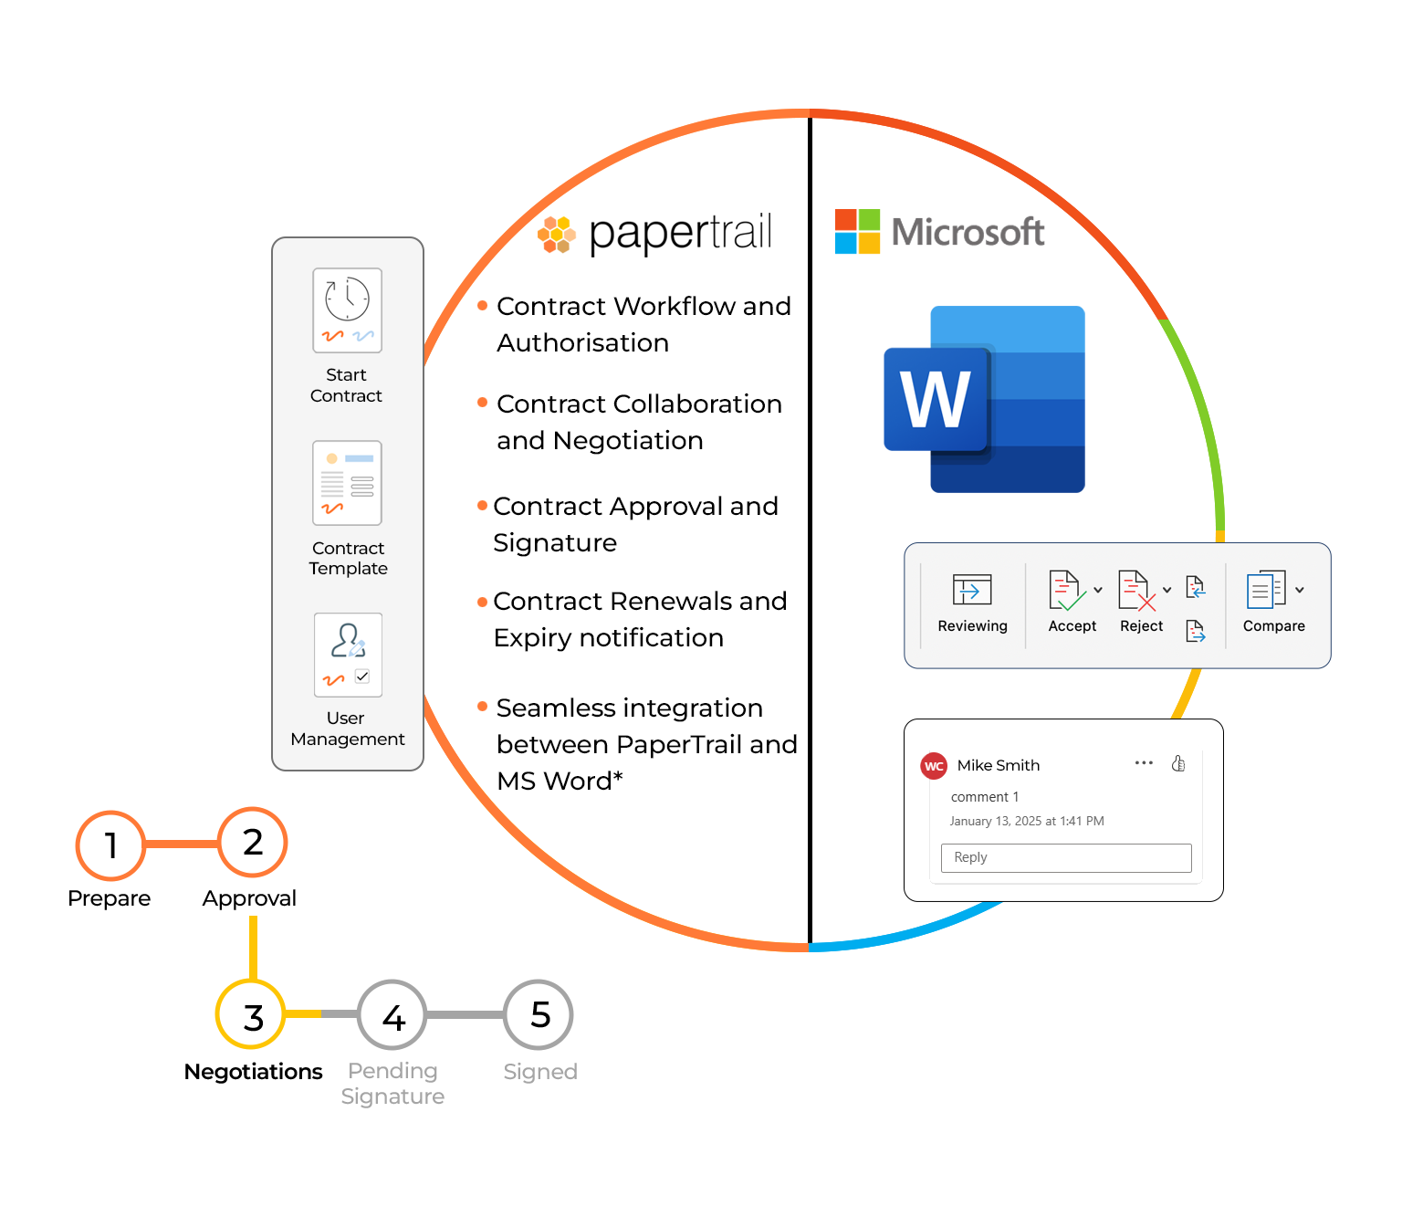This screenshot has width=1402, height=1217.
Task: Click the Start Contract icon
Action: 347,310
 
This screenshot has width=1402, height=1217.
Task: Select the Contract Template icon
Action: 347,483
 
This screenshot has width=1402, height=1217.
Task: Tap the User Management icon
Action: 348,655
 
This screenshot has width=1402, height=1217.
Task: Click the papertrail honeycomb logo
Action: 556,234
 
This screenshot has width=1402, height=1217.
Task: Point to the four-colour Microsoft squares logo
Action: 857,231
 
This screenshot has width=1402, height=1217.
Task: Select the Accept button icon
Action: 1065,591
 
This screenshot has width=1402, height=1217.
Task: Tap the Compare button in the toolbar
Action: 1266,591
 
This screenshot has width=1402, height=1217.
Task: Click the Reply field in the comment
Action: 1066,857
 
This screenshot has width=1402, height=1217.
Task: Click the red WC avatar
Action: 934,766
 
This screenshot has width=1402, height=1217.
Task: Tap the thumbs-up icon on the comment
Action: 1178,763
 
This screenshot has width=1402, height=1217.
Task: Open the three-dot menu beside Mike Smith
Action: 1144,762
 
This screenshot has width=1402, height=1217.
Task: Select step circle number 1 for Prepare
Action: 110,845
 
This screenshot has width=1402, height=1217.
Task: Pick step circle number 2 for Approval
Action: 253,842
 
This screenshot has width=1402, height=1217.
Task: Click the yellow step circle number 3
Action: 252,1015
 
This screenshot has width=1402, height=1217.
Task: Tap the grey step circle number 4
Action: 392,1015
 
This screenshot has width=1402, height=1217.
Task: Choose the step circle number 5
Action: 539,1014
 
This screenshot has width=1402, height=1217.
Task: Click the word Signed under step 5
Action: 540,1072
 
